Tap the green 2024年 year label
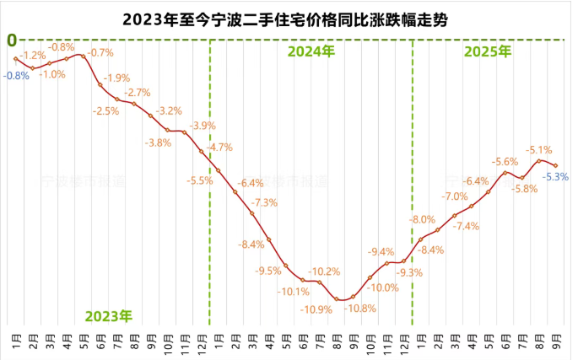click(311, 51)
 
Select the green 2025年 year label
click(488, 51)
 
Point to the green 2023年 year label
click(108, 316)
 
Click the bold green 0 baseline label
click(12, 40)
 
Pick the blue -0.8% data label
click(16, 75)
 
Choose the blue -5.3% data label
click(556, 177)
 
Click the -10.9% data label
click(316, 309)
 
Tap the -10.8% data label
click(360, 309)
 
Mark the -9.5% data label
click(268, 271)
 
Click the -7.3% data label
click(265, 202)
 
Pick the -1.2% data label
click(33, 56)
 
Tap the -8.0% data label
click(422, 219)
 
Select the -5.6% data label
click(505, 161)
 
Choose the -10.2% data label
click(324, 271)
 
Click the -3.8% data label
click(159, 142)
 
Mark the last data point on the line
click(555, 166)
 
